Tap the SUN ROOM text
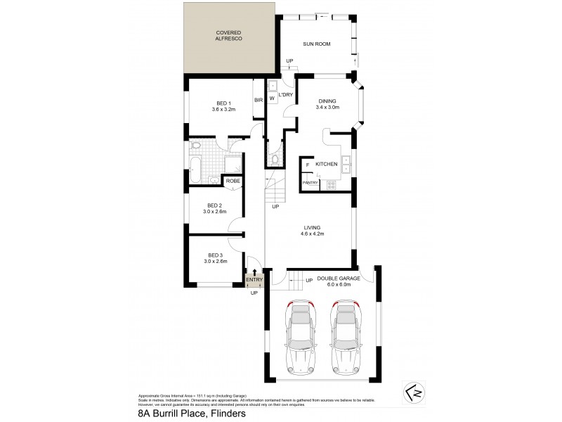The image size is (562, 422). (x=316, y=44)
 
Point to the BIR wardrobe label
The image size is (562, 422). (x=259, y=101)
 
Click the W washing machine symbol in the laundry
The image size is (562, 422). (x=272, y=98)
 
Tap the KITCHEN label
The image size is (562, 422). (x=327, y=164)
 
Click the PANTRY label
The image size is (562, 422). (x=310, y=183)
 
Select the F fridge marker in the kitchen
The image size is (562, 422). (x=307, y=165)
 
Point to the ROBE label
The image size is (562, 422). (x=232, y=181)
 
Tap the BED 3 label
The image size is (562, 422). (x=215, y=255)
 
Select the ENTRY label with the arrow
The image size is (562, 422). (x=254, y=279)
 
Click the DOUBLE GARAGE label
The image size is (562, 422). (x=339, y=279)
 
